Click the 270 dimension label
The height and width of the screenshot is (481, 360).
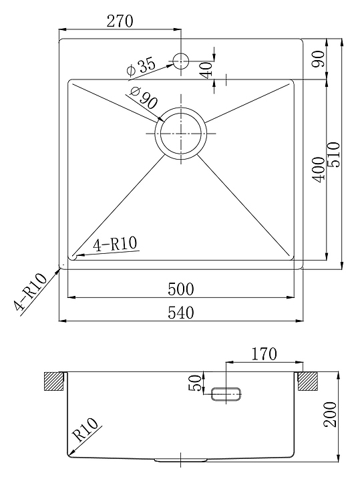[x=120, y=21]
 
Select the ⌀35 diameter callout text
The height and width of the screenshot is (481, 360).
[x=141, y=67]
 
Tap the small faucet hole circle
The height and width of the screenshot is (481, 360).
[x=180, y=60]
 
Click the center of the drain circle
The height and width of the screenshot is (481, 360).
[x=181, y=134]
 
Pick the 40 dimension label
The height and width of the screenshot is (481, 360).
[x=206, y=69]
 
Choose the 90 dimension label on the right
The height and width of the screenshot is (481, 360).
[x=319, y=59]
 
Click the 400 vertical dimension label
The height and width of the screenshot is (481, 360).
[x=319, y=170]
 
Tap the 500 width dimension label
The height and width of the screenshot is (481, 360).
[x=181, y=289]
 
